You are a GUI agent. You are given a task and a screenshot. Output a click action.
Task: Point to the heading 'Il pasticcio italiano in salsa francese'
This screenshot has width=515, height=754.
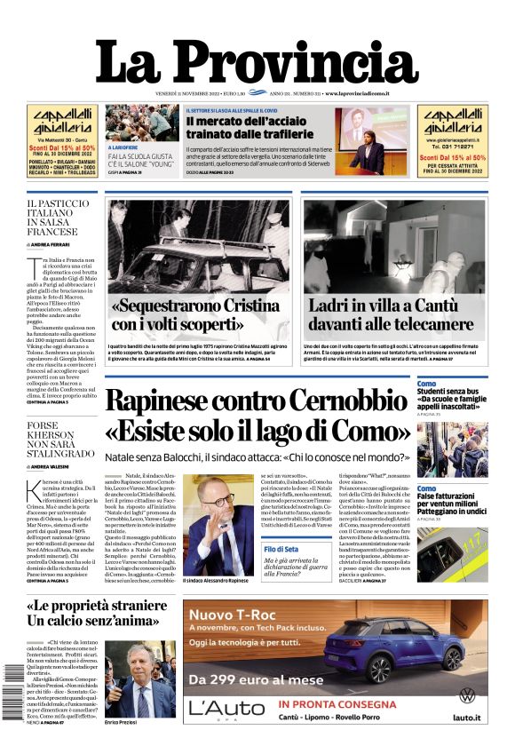click(58, 218)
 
